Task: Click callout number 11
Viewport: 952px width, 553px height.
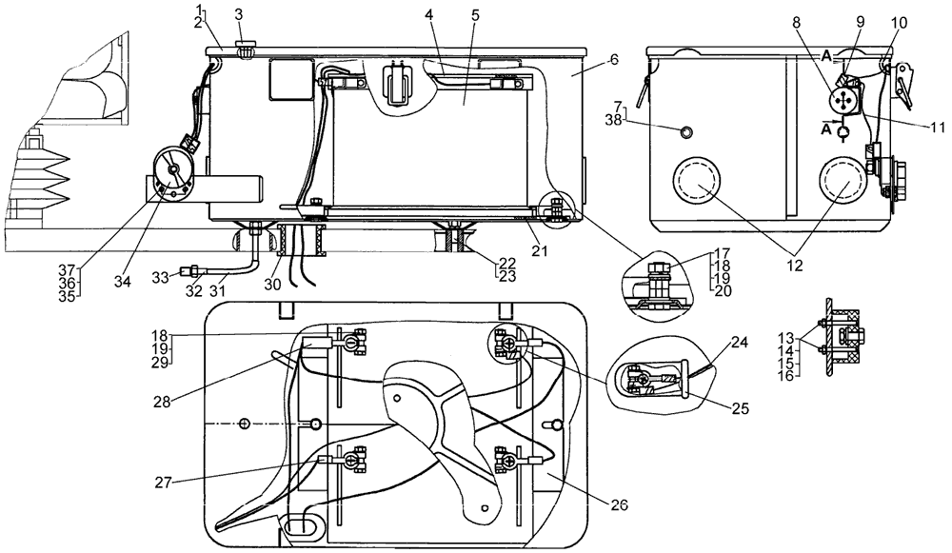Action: (x=917, y=125)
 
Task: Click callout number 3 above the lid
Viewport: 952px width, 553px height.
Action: (x=239, y=14)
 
